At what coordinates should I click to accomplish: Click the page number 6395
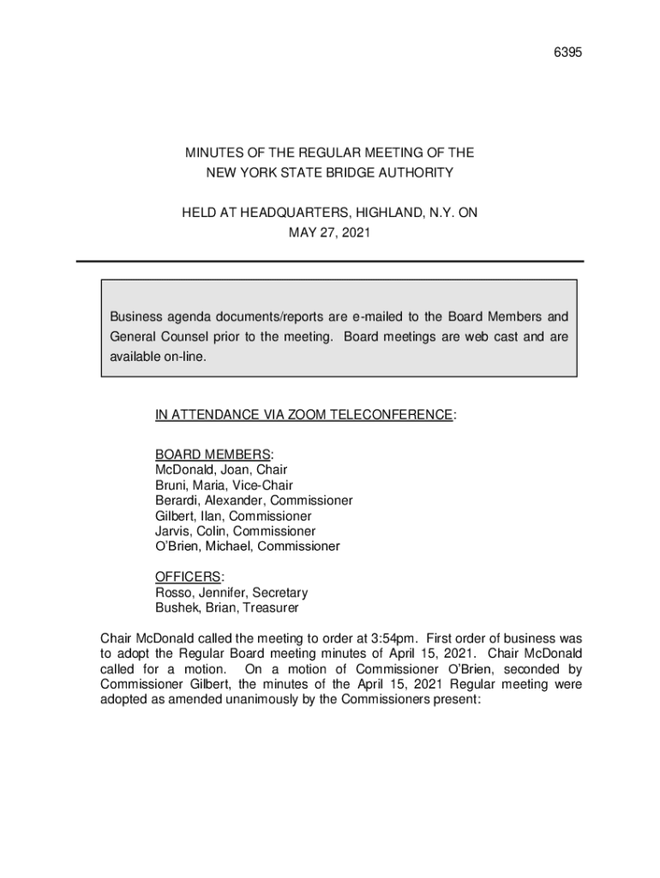click(568, 53)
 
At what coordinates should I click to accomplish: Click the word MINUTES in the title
click(213, 153)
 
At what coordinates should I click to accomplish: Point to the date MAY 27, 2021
click(330, 232)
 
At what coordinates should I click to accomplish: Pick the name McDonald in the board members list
click(183, 470)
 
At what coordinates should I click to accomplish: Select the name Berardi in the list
click(177, 501)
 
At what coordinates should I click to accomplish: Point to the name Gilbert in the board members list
click(174, 516)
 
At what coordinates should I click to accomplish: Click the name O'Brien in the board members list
click(178, 546)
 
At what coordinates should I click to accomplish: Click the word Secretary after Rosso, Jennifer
click(280, 592)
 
